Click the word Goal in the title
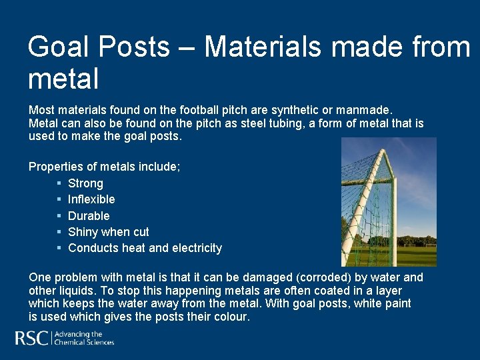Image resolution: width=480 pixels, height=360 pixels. tap(61, 47)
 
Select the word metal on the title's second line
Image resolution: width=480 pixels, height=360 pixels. tap(63, 79)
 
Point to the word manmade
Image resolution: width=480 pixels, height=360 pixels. tap(366, 108)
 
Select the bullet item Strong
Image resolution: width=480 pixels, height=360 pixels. tap(85, 183)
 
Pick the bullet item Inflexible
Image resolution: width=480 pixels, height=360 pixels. tap(91, 199)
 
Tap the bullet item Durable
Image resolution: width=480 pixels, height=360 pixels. tap(89, 216)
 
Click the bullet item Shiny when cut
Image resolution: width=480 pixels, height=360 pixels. tap(108, 232)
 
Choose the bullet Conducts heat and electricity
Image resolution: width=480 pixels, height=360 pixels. tap(145, 248)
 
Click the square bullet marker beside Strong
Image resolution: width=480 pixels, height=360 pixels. tap(59, 183)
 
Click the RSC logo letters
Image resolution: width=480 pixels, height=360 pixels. tap(31, 339)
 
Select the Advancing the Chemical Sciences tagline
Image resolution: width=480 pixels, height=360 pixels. tap(84, 339)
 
